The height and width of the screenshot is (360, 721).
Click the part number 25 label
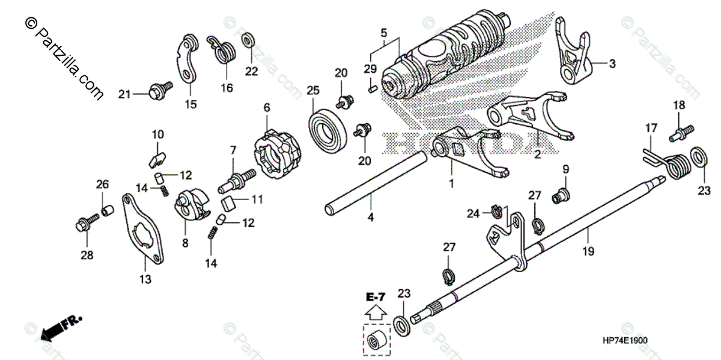(x=311, y=91)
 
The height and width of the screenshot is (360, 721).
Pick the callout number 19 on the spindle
(x=588, y=251)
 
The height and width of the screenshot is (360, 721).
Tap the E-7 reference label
(x=376, y=296)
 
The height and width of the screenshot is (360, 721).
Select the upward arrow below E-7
(x=376, y=311)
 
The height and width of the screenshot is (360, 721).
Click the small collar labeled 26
(x=108, y=210)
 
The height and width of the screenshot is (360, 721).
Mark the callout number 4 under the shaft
(x=371, y=218)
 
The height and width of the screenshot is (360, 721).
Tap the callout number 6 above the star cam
(x=267, y=107)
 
